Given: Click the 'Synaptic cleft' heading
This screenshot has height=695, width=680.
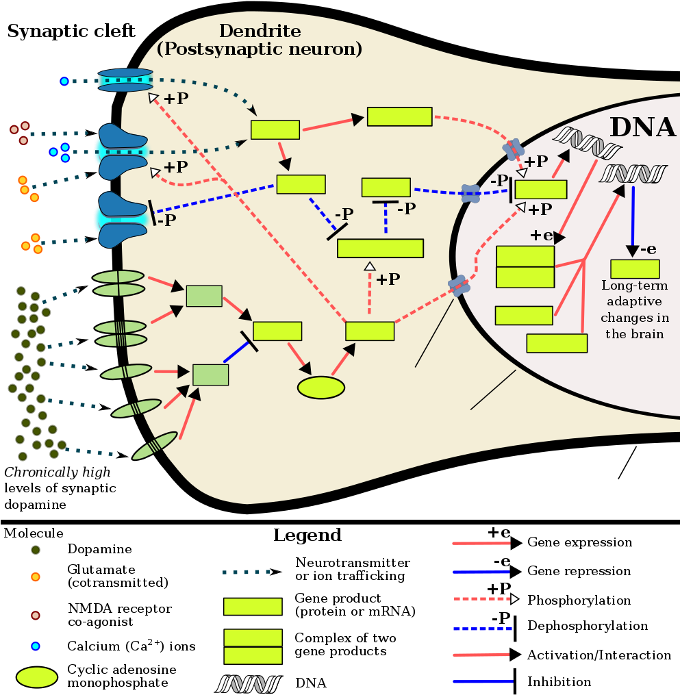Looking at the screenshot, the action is (x=71, y=31).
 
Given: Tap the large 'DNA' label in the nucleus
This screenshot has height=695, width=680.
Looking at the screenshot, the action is (x=643, y=127).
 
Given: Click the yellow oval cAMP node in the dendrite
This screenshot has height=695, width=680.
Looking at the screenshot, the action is (x=321, y=388).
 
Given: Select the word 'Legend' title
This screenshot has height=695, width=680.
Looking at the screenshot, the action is (x=307, y=535).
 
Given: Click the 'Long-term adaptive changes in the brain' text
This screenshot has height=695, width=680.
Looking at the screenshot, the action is (x=635, y=309).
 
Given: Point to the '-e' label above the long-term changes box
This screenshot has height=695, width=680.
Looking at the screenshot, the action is (x=648, y=249).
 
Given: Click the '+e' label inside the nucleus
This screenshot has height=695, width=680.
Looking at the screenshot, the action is (x=542, y=235).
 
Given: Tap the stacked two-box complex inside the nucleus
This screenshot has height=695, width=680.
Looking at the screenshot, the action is (x=525, y=267).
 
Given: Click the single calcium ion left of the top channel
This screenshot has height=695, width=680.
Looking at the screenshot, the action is (x=64, y=81).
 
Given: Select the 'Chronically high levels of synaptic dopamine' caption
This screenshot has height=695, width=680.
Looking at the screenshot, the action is (x=60, y=488).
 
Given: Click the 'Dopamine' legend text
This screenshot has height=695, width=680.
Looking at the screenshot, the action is (x=99, y=549).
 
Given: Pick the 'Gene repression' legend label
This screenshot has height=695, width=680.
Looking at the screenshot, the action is (x=579, y=571).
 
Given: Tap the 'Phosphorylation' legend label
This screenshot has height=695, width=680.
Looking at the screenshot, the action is (x=579, y=600).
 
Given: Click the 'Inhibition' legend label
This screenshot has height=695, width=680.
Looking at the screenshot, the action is (x=559, y=682).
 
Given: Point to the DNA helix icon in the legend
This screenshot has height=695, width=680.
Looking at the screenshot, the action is (x=249, y=684).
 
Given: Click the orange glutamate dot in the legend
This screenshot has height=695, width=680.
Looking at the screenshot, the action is (x=36, y=577).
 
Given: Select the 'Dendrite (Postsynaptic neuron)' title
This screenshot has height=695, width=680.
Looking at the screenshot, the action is (x=260, y=40).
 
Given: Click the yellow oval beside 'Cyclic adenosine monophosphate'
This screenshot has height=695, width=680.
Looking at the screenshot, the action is (x=37, y=677).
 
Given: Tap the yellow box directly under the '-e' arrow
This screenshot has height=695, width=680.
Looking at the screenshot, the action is (x=635, y=268).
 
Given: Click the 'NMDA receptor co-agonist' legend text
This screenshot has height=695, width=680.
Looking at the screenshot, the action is (x=120, y=615).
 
